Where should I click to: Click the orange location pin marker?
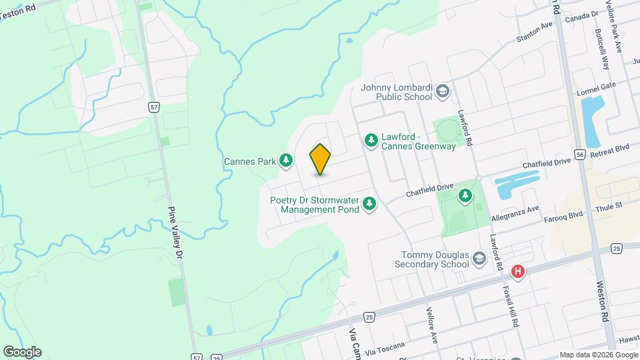pyautogui.click(x=321, y=159)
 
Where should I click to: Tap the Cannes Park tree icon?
pyautogui.click(x=286, y=160)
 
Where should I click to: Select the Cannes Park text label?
pyautogui.click(x=250, y=161)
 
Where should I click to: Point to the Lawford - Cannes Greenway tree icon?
pyautogui.click(x=371, y=141)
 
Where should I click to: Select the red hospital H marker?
pyautogui.click(x=518, y=272)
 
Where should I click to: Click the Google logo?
pyautogui.click(x=21, y=351)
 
